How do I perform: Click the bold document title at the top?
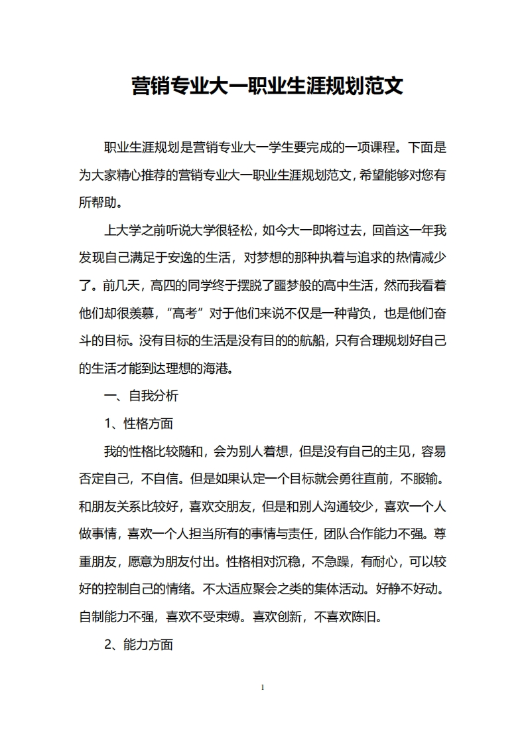point(267,86)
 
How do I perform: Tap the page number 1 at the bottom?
point(263,687)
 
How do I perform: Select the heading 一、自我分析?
point(141,396)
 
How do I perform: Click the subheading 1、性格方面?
point(139,424)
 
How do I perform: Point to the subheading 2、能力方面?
point(139,645)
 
